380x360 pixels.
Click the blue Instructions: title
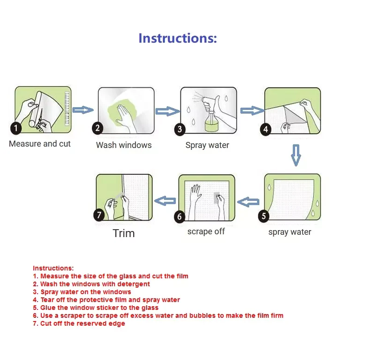178,39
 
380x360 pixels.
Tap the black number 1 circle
16,128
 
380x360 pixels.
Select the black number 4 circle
265,129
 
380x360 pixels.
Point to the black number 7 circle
99,215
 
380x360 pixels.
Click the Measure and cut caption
40,144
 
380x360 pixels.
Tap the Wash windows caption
123,145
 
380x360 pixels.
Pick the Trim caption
123,233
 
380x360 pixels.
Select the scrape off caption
206,231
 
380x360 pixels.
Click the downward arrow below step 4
296,155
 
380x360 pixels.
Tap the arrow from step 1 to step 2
83,110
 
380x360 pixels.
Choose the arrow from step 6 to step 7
165,201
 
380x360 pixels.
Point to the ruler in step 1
67,108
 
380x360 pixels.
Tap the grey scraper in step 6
216,198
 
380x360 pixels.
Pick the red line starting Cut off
79,323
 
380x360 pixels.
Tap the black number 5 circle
264,216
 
